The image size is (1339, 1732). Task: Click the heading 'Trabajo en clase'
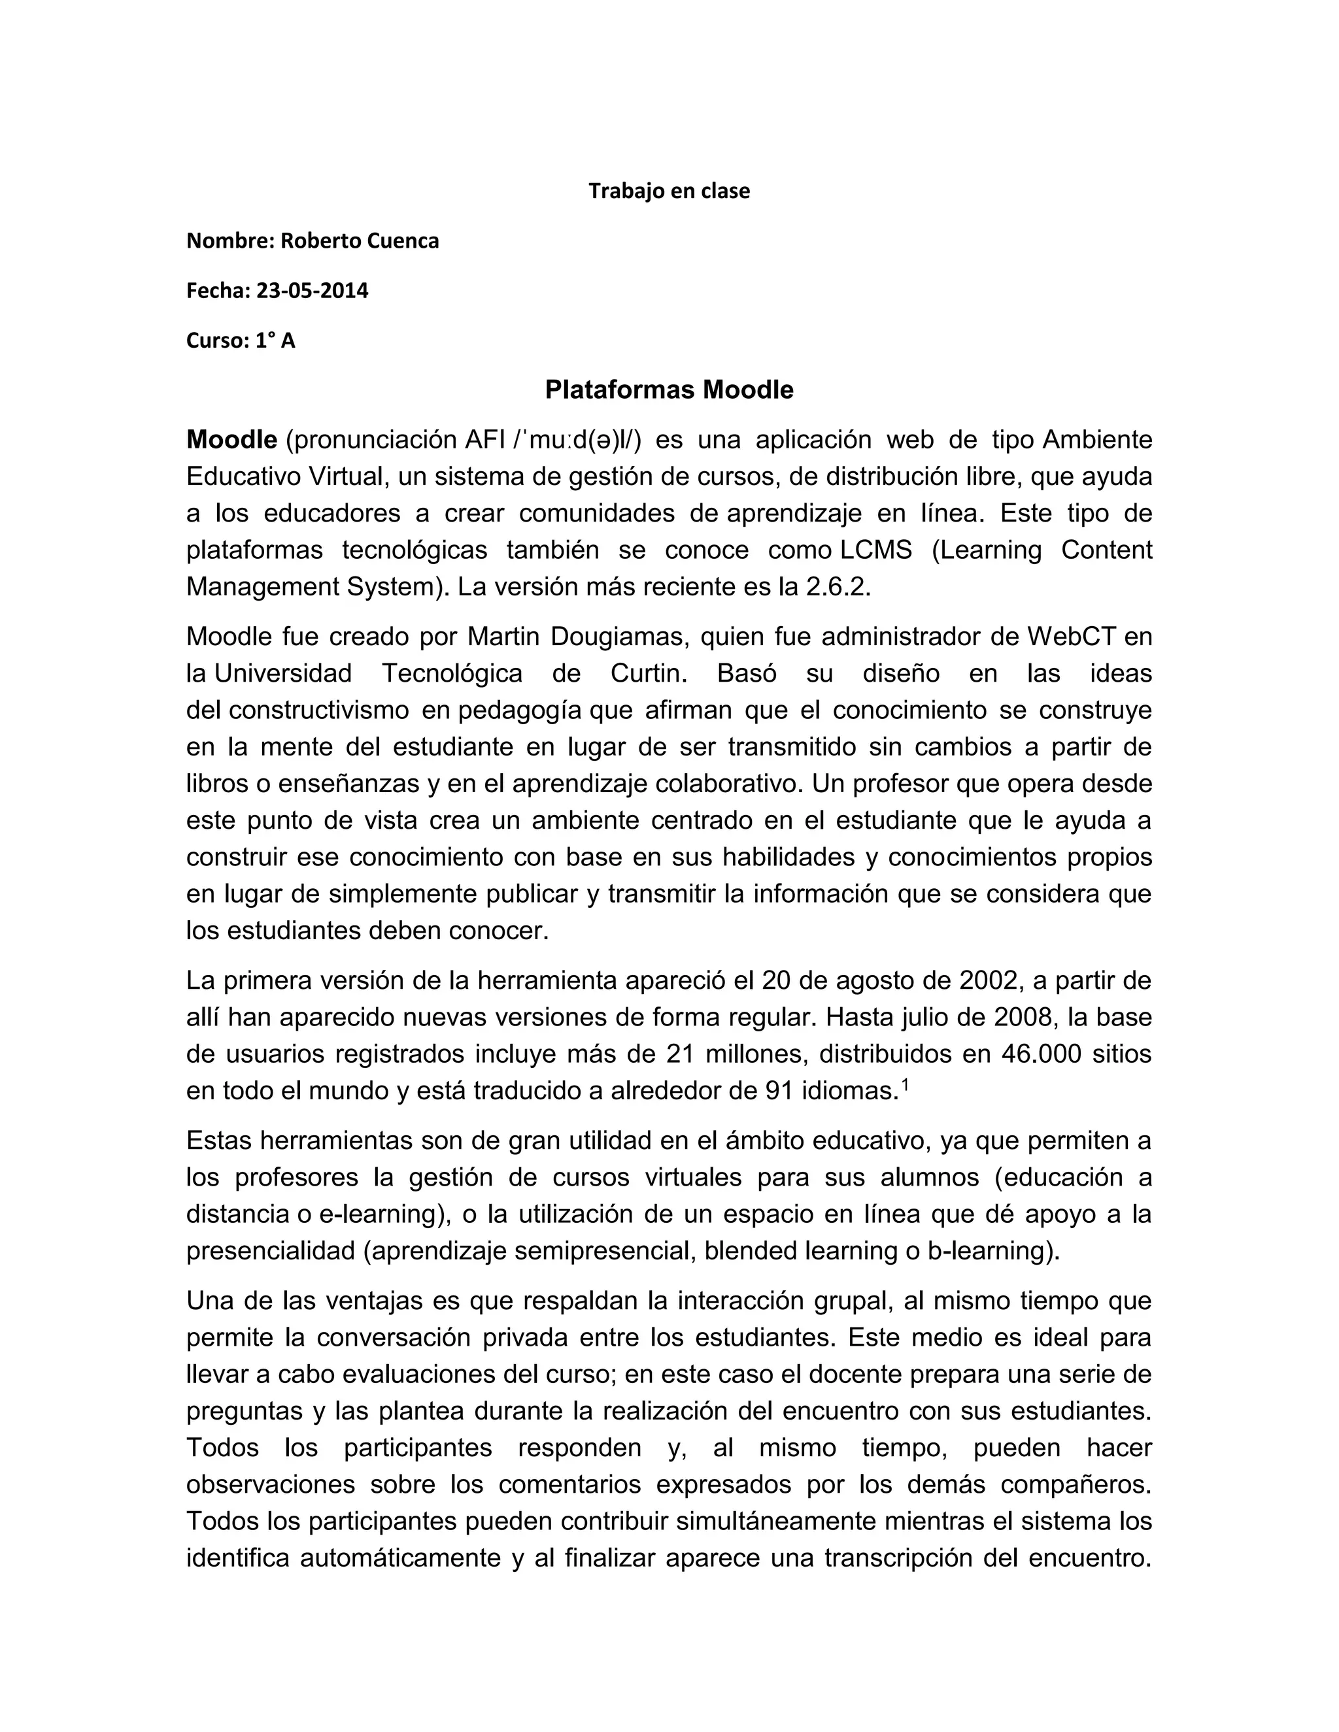(669, 191)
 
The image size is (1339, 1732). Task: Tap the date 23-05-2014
(312, 291)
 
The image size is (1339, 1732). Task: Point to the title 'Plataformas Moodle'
(669, 390)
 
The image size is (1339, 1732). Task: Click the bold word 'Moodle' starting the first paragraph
(231, 439)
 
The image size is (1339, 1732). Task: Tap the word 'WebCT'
(1072, 637)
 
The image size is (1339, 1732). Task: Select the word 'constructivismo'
(319, 710)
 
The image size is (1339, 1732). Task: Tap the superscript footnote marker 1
(905, 1085)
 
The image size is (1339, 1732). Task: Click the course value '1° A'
(275, 341)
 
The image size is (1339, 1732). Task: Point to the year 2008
(1020, 1018)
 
